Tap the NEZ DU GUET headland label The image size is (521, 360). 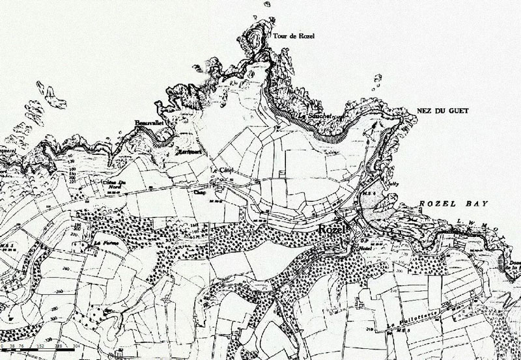tap(442, 111)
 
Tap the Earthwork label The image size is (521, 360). tap(190, 150)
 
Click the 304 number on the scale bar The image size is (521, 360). tap(77, 346)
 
